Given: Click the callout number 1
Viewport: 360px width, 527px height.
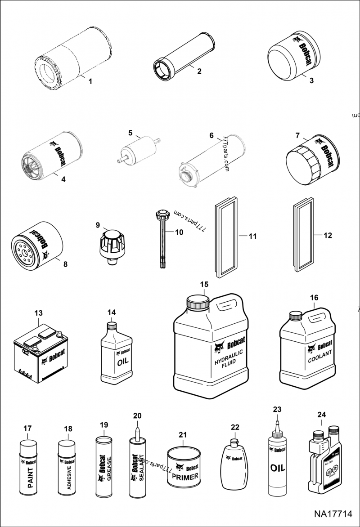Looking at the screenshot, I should (x=90, y=81).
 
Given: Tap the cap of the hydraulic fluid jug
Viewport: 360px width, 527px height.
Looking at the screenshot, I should (x=198, y=301).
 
